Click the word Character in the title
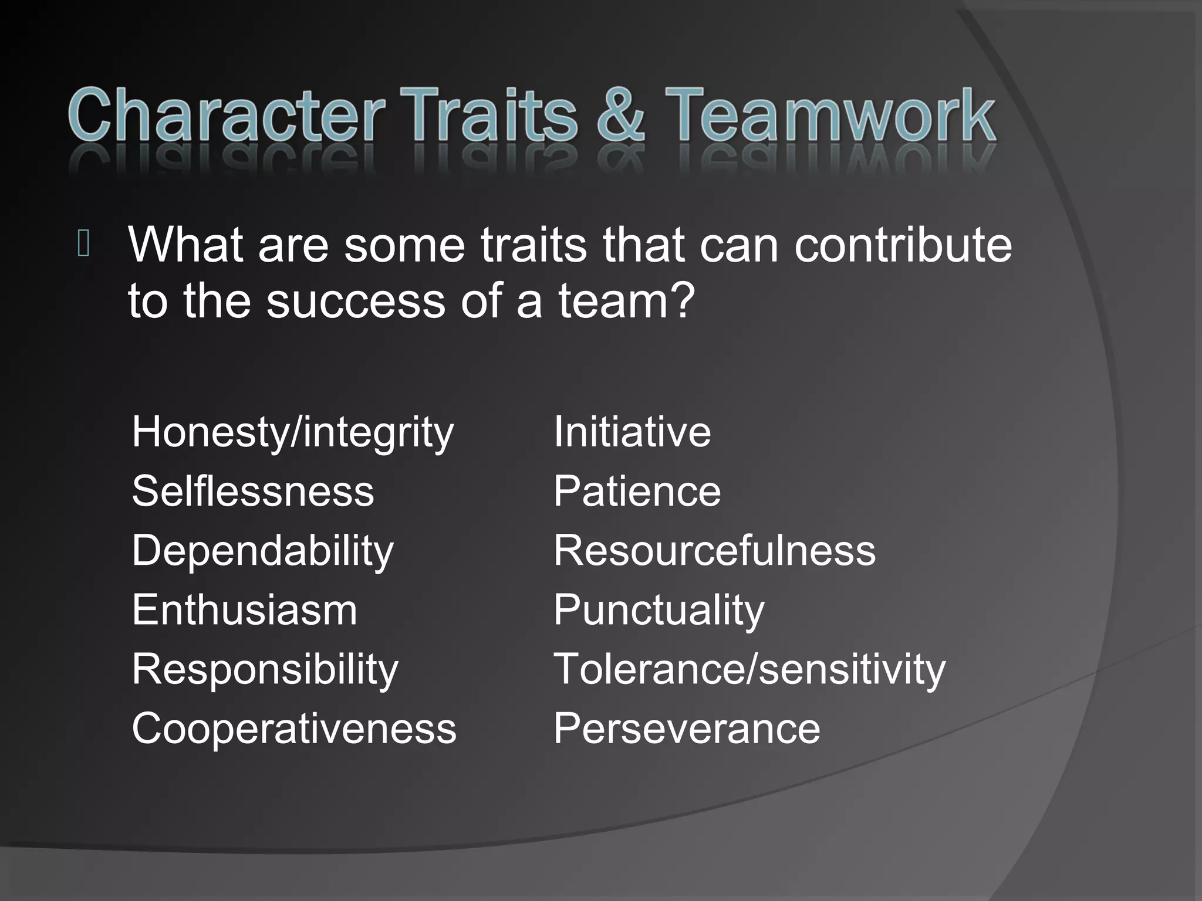[x=226, y=114]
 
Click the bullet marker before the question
[x=83, y=245]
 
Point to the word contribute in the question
[x=903, y=245]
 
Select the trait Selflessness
[x=252, y=492]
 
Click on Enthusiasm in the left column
[x=244, y=610]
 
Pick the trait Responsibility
[x=265, y=669]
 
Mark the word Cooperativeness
[x=293, y=729]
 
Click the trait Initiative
[x=632, y=432]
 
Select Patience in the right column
[x=637, y=492]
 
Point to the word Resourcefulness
[x=714, y=551]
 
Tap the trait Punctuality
[x=659, y=611]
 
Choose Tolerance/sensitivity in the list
[x=749, y=669]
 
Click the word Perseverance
[x=687, y=729]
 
